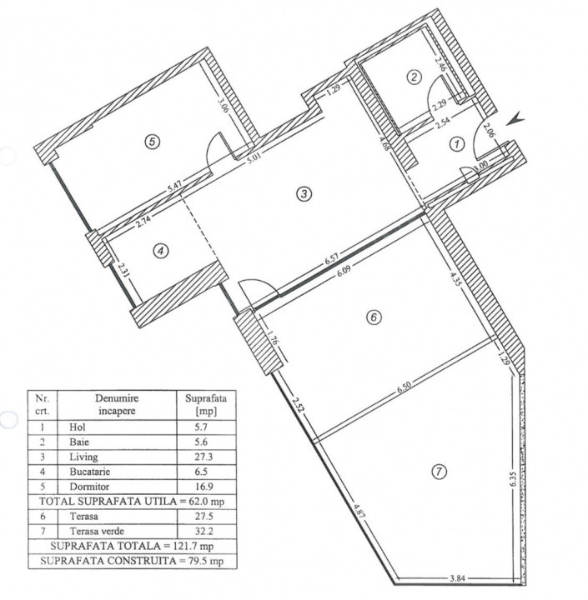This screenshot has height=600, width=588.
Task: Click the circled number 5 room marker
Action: (x=151, y=142)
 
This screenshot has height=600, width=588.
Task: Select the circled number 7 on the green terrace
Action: (x=439, y=472)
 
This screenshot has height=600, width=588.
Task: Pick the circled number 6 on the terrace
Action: (x=374, y=317)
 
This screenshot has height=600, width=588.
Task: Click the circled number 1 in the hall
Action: (x=455, y=144)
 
